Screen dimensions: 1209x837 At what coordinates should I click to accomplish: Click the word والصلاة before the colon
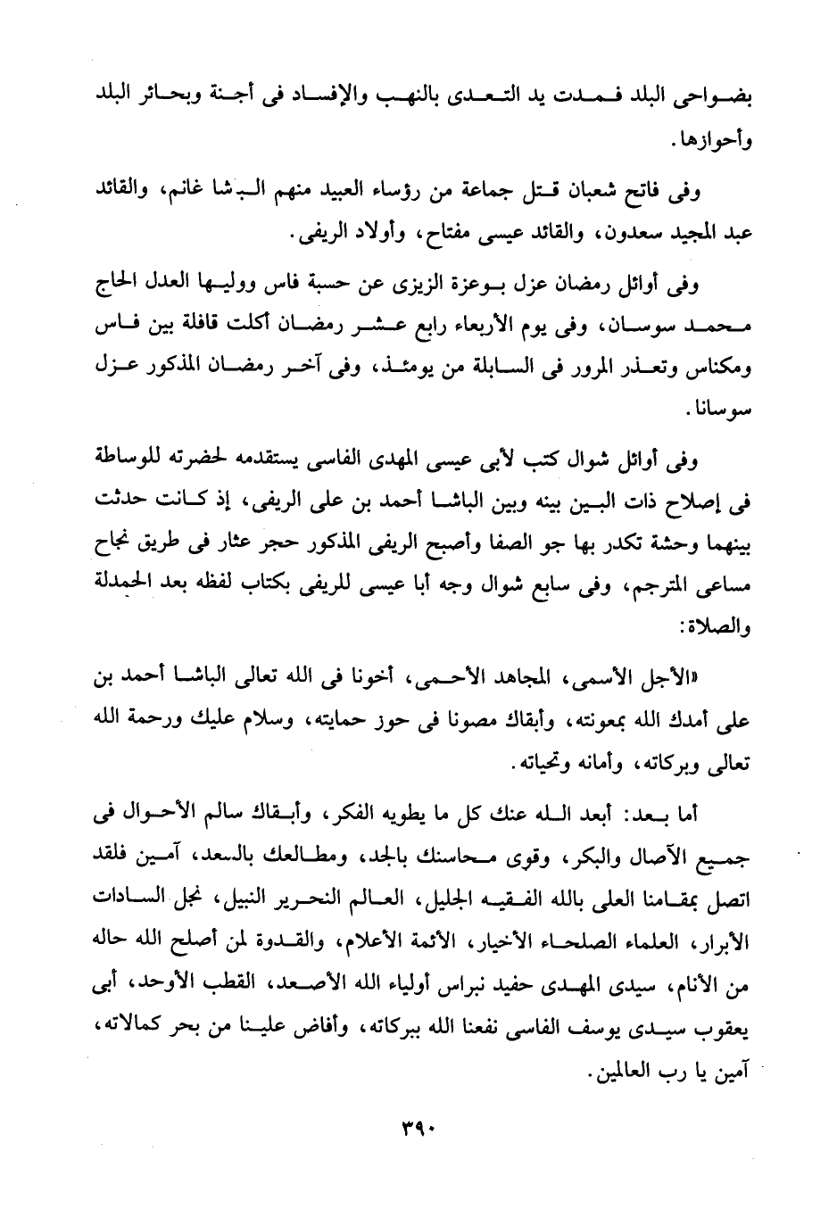click(713, 631)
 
